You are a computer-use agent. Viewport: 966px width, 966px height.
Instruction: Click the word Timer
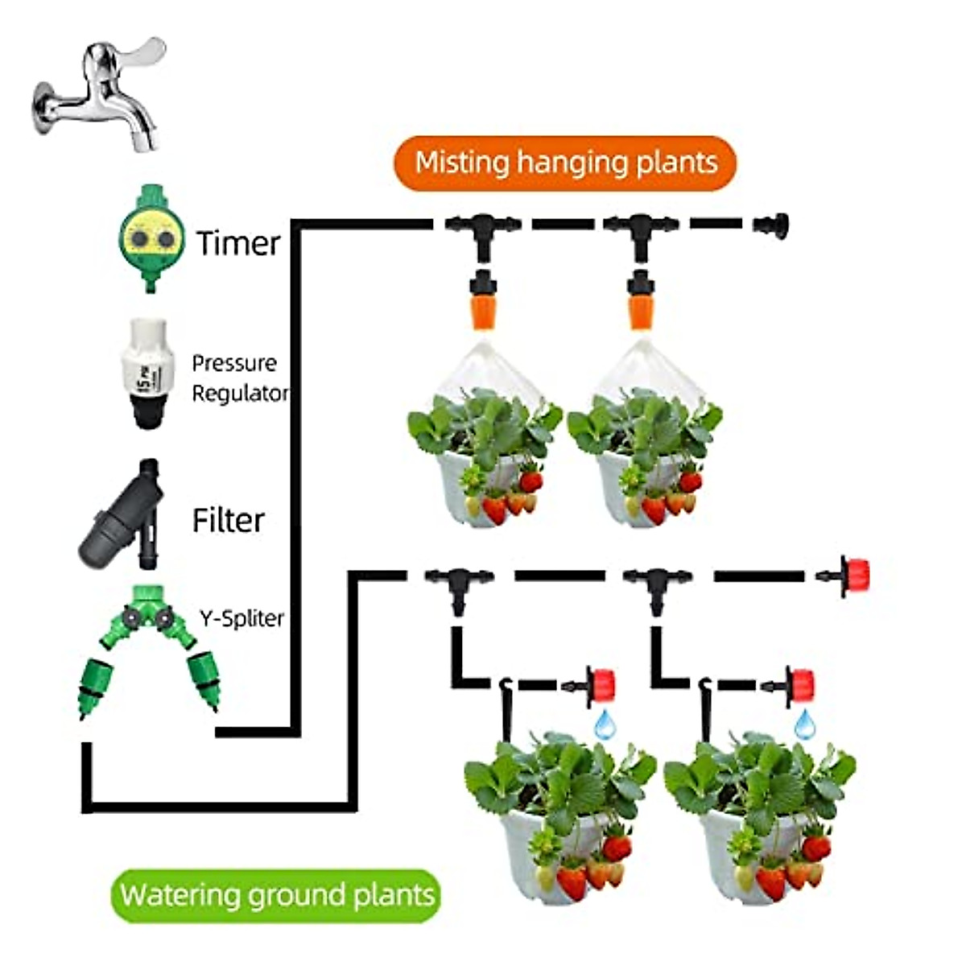(238, 243)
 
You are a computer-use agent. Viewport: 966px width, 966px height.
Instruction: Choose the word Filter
(228, 520)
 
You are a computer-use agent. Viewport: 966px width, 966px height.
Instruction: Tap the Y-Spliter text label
(242, 618)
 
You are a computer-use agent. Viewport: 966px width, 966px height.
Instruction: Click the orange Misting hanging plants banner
(565, 163)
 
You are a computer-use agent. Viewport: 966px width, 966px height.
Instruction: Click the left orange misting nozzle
(481, 302)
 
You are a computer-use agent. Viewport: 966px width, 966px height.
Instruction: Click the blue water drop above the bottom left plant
(604, 724)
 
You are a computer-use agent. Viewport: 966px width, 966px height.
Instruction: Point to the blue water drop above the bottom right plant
(804, 724)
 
